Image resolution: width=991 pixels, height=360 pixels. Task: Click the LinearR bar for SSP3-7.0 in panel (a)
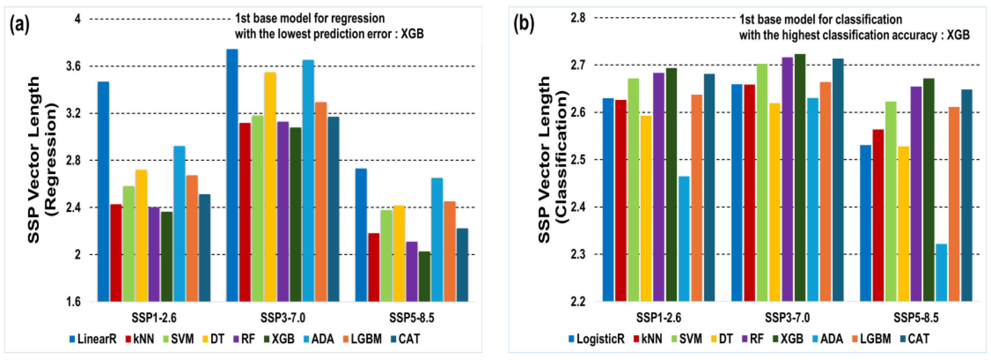[232, 175]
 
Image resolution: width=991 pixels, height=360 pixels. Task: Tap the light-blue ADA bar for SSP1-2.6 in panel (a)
[179, 223]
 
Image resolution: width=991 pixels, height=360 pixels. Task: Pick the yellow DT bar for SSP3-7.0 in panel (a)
[270, 186]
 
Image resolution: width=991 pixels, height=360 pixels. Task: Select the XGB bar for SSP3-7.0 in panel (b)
[800, 177]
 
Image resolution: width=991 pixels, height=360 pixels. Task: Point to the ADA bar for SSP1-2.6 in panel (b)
[684, 238]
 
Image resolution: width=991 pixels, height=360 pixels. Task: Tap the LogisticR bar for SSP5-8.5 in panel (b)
[865, 223]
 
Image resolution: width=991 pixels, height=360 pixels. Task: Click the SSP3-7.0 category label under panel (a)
[283, 318]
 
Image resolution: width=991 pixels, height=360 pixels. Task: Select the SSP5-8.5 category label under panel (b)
[916, 318]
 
